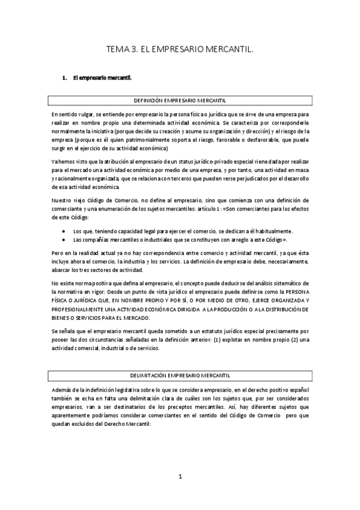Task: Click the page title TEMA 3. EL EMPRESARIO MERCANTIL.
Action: [x=180, y=52]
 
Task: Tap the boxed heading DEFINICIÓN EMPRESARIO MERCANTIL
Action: [x=180, y=100]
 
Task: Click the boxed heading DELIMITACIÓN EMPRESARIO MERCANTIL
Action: [x=180, y=375]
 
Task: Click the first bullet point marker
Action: [x=64, y=230]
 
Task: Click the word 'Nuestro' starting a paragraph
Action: [x=63, y=199]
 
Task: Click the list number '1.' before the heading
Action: [x=65, y=78]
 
